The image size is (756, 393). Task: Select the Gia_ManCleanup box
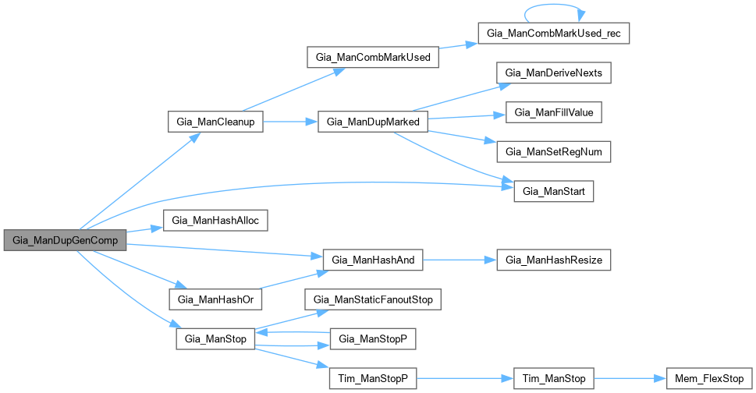pos(215,122)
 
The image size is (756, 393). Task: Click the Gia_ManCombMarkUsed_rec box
pos(552,34)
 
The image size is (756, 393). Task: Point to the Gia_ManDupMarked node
pos(373,122)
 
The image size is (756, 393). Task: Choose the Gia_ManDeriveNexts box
pos(554,73)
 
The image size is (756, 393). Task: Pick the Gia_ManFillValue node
pos(554,113)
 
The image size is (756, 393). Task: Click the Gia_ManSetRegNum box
pos(554,152)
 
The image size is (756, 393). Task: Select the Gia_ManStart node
pos(554,191)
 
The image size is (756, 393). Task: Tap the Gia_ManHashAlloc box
pos(215,221)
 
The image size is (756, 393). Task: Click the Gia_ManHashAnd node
pos(373,260)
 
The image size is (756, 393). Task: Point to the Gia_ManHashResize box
pos(554,260)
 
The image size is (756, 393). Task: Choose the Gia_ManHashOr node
pos(215,299)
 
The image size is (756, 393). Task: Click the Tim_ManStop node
pos(554,378)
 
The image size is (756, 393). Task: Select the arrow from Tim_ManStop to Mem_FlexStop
pos(629,378)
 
